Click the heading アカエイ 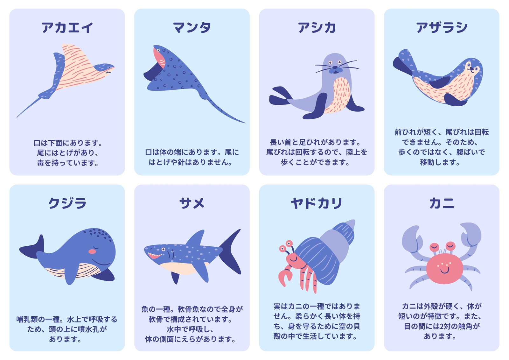coord(67,27)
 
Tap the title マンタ coord(192,27)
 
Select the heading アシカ coord(317,27)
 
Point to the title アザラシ coord(442,27)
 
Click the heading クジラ coord(67,203)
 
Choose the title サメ coord(192,203)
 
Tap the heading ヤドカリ coord(317,203)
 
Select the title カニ coord(442,203)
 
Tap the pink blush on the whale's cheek coord(92,251)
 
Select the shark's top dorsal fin coord(196,238)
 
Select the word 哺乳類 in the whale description coord(27,319)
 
